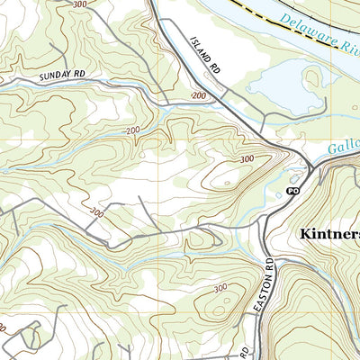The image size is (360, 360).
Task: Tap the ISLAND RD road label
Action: [204, 55]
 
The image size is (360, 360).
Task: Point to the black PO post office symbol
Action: [292, 192]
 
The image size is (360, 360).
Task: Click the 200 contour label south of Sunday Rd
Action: [133, 131]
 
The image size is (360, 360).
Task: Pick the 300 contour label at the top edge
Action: [80, 4]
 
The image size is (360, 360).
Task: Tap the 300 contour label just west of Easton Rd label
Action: [219, 288]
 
